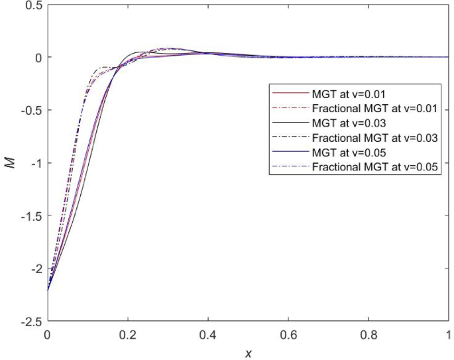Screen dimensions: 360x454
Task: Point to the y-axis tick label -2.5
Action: [29, 322]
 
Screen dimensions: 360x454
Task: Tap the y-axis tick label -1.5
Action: [29, 216]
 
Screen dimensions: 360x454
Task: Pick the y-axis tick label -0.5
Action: [29, 111]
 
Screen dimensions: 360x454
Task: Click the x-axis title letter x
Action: [248, 353]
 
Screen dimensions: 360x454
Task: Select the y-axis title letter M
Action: [10, 163]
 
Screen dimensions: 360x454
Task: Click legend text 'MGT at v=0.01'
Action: [343, 93]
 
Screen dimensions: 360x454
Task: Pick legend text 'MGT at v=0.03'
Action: [343, 123]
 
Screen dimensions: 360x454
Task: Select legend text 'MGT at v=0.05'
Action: [343, 152]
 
